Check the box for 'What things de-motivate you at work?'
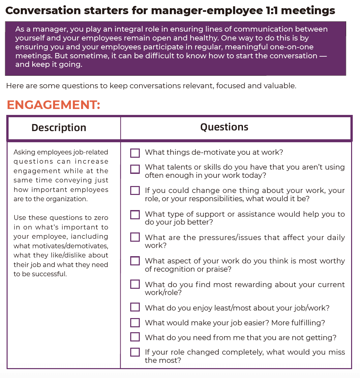pos(135,153)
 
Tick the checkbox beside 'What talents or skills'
pos(135,169)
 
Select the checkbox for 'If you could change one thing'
pos(135,191)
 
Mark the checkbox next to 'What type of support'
pos(135,215)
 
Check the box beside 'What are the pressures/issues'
pos(135,237)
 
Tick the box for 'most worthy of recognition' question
pos(135,261)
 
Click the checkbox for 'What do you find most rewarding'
pos(135,284)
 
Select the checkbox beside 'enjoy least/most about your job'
pos(135,307)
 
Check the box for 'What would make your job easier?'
pos(135,322)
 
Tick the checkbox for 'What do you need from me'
pos(135,337)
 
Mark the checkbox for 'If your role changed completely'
pos(135,352)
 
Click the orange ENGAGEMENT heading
pos(53,105)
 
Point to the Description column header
pos(59,128)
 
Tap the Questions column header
pos(224,127)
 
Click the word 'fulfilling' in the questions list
pos(306,323)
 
